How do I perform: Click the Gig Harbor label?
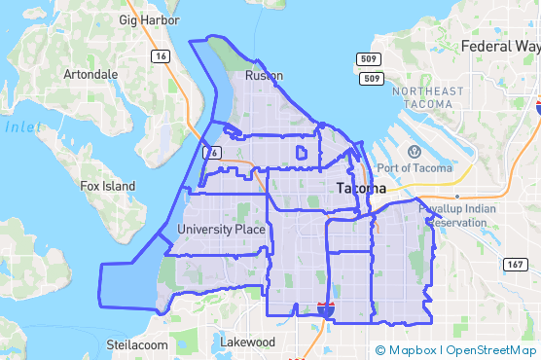click(149, 19)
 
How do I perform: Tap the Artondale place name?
click(90, 74)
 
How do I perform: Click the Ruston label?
click(264, 75)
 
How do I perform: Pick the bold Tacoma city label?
click(361, 188)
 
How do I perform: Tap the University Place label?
click(221, 230)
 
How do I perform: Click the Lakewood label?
click(248, 342)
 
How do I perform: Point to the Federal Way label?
click(500, 46)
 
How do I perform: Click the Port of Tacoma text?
click(415, 168)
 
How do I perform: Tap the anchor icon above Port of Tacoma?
click(415, 151)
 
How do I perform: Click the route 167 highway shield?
click(515, 265)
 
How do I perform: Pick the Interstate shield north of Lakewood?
click(326, 309)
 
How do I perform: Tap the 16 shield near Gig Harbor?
click(159, 57)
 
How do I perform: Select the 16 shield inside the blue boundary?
click(213, 153)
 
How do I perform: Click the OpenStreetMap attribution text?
click(492, 350)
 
